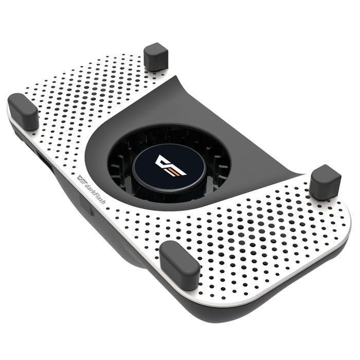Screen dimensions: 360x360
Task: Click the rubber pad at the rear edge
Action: coord(156,56)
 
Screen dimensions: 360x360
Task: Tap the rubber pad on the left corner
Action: coord(23,111)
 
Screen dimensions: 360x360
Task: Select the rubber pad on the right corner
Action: coord(325,182)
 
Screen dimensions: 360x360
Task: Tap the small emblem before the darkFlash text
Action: coord(83,181)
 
